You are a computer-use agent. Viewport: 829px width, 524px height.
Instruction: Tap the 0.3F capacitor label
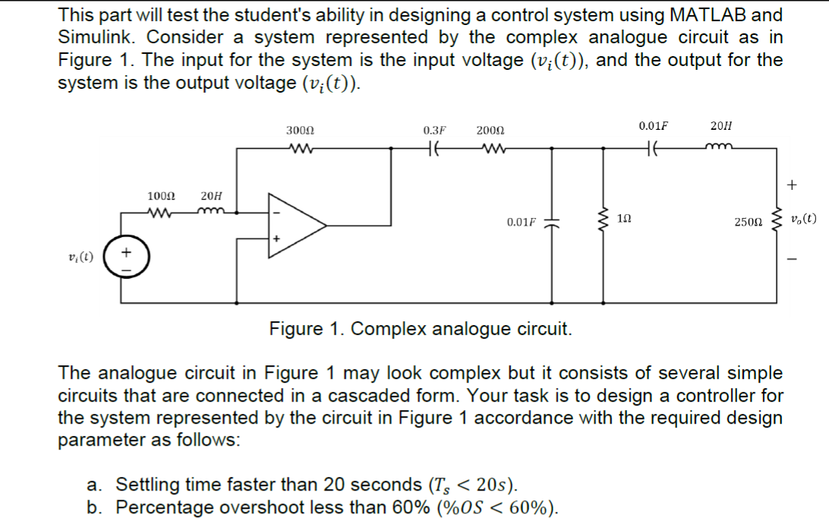click(434, 131)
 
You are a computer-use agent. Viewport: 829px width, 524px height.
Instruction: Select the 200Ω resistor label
click(490, 131)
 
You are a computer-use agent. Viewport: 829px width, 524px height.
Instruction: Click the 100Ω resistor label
click(160, 197)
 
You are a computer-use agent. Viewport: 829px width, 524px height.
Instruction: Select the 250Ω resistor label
click(748, 223)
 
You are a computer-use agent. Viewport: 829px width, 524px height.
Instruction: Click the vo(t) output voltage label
click(802, 220)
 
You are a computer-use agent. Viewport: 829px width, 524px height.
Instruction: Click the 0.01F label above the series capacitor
click(654, 125)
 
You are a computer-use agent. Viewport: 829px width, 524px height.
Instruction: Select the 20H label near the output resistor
click(722, 125)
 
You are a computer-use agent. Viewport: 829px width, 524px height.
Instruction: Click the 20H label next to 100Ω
click(211, 197)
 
